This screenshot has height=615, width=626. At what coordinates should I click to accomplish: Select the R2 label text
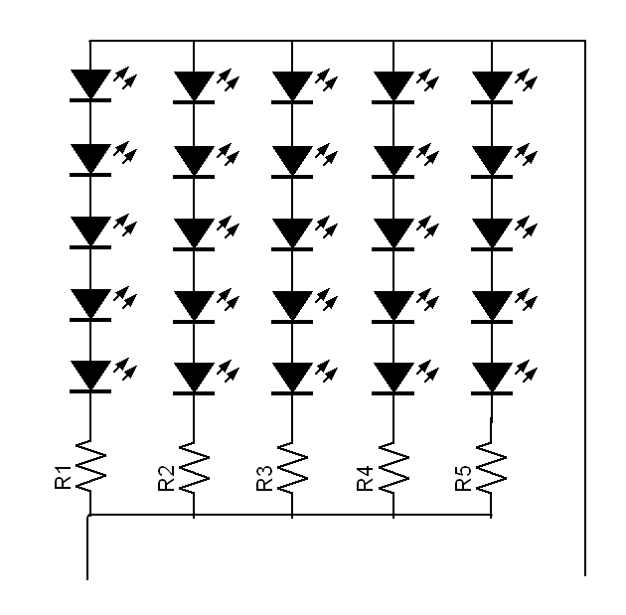pyautogui.click(x=165, y=477)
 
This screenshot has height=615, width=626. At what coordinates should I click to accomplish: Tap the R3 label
pyautogui.click(x=264, y=477)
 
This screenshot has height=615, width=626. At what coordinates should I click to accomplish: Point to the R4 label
pyautogui.click(x=365, y=477)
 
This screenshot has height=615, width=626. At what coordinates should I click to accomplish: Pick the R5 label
pyautogui.click(x=463, y=477)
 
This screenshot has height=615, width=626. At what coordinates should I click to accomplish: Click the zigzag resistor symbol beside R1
pyautogui.click(x=91, y=465)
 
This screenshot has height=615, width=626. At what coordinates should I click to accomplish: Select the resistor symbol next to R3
pyautogui.click(x=292, y=465)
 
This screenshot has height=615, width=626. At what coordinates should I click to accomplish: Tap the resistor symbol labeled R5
pyautogui.click(x=491, y=465)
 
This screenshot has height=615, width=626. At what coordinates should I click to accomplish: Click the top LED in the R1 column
pyautogui.click(x=91, y=85)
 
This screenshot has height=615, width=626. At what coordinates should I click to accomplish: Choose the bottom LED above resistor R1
pyautogui.click(x=91, y=376)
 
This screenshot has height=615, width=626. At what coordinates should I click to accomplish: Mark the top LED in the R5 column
pyautogui.click(x=491, y=85)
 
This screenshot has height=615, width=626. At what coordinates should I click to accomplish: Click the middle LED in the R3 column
pyautogui.click(x=292, y=231)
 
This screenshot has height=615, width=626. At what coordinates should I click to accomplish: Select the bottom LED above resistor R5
pyautogui.click(x=491, y=376)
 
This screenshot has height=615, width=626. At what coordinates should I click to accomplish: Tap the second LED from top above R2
pyautogui.click(x=193, y=158)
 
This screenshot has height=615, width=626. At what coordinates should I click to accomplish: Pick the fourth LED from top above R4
pyautogui.click(x=393, y=303)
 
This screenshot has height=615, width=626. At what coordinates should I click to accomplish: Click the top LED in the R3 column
pyautogui.click(x=292, y=85)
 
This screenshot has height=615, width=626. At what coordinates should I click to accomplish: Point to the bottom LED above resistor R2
pyautogui.click(x=193, y=376)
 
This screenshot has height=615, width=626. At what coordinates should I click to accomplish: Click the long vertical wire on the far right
pyautogui.click(x=584, y=298)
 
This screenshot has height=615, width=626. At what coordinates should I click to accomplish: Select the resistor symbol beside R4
pyautogui.click(x=393, y=465)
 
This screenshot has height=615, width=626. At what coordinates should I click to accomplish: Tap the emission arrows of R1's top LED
pyautogui.click(x=124, y=75)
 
